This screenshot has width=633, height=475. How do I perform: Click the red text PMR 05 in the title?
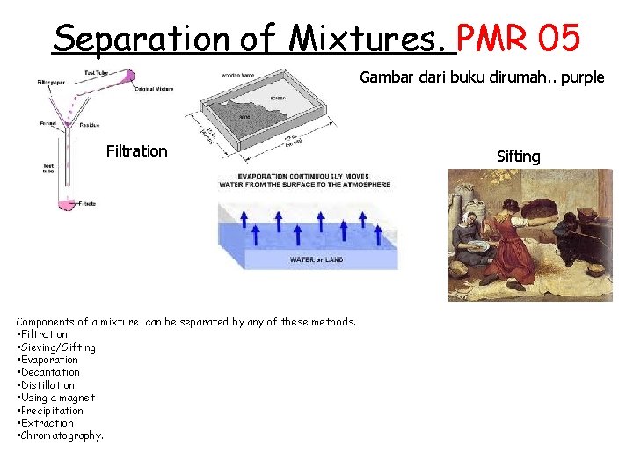pyautogui.click(x=519, y=38)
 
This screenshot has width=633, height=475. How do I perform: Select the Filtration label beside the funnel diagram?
pyautogui.click(x=136, y=151)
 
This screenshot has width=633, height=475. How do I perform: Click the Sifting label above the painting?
pyautogui.click(x=518, y=157)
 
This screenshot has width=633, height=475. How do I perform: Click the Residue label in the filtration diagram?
pyautogui.click(x=89, y=125)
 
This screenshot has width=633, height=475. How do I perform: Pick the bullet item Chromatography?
pyautogui.click(x=61, y=435)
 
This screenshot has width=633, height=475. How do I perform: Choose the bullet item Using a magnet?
pyautogui.click(x=57, y=398)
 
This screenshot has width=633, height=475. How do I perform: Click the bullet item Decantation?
pyautogui.click(x=49, y=372)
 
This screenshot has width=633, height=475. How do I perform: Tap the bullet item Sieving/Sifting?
pyautogui.click(x=57, y=347)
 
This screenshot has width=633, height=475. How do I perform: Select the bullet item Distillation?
pyautogui.click(x=48, y=385)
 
